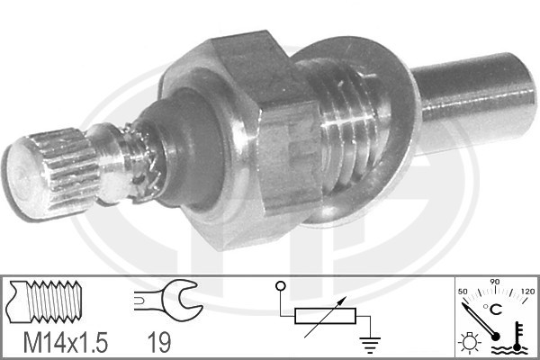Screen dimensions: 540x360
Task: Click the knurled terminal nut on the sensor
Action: pos(51,174)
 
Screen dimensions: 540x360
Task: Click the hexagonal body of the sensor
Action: pos(241,138)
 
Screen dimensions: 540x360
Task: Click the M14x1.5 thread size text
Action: pos(66,342)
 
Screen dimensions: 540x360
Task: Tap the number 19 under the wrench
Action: pos(159,342)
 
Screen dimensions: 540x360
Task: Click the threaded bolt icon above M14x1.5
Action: pos(46,301)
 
